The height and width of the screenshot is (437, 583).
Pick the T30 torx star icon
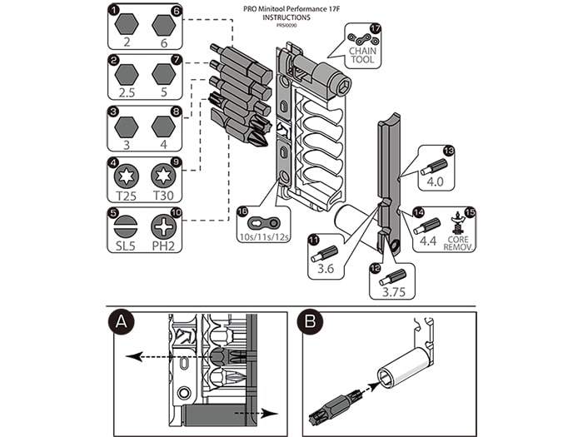point(163,176)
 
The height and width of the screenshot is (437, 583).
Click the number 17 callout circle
point(376,28)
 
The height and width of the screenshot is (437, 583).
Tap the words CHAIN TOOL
point(363,55)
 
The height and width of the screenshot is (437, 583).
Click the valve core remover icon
point(456,224)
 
